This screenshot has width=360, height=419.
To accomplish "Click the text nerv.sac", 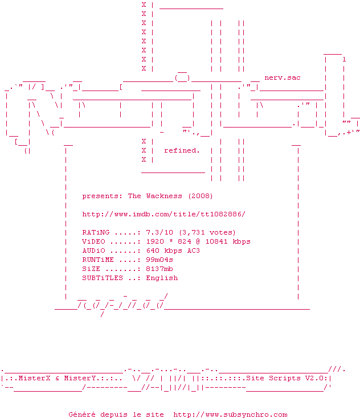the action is click(x=283, y=78).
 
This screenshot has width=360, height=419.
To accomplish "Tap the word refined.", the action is click(x=182, y=150).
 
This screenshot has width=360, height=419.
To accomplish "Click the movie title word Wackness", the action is click(x=164, y=196).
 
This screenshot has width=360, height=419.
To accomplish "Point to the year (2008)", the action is click(x=201, y=196).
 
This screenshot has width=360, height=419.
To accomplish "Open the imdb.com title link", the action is click(x=163, y=214).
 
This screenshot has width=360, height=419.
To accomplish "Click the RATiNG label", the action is click(x=96, y=232).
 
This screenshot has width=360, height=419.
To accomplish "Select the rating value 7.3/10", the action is click(x=159, y=232).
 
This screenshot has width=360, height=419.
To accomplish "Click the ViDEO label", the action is click(x=93, y=241).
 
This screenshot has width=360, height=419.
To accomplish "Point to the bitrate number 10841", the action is click(x=216, y=241).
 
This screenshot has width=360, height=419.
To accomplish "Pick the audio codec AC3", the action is click(x=194, y=250).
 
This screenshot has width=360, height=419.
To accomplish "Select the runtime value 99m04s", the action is click(x=159, y=260).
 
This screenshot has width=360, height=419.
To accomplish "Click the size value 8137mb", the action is click(x=159, y=269).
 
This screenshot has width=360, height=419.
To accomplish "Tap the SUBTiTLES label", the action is click(x=103, y=278).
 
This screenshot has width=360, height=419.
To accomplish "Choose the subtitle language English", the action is click(x=162, y=278).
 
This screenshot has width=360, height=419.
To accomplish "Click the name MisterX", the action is click(x=35, y=378).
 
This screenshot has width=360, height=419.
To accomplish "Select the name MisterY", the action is click(x=80, y=378).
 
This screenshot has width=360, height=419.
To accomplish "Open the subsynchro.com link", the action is click(x=230, y=414).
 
